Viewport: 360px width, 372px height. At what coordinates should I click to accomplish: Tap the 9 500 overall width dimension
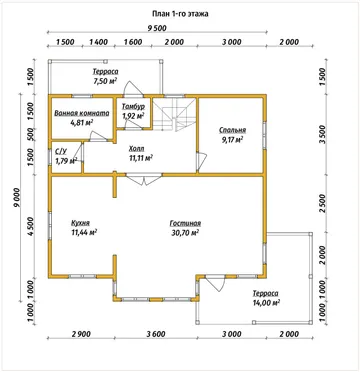[x=157, y=28]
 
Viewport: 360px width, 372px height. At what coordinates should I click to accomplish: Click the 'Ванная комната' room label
[x=82, y=113]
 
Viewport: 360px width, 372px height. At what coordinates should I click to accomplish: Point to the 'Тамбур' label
[x=133, y=107]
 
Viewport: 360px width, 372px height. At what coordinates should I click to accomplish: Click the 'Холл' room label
[x=136, y=148]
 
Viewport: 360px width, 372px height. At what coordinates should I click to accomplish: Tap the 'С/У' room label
[x=61, y=152]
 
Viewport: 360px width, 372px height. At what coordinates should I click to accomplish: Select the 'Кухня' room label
[x=80, y=223]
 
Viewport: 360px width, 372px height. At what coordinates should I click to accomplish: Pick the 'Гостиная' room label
[x=185, y=223]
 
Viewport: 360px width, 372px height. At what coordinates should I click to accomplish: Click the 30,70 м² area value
[x=185, y=232]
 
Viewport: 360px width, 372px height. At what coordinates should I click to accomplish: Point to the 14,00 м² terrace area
[x=266, y=302]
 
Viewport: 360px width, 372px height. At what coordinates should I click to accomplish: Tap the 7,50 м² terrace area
[x=106, y=81]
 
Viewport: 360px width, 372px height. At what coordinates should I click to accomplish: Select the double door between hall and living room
[x=144, y=179]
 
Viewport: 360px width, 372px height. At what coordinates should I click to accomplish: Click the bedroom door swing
[x=201, y=161]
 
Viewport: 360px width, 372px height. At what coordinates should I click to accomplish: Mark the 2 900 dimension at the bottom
[x=81, y=334]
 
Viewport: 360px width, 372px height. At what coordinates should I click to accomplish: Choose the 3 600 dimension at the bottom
[x=154, y=334]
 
